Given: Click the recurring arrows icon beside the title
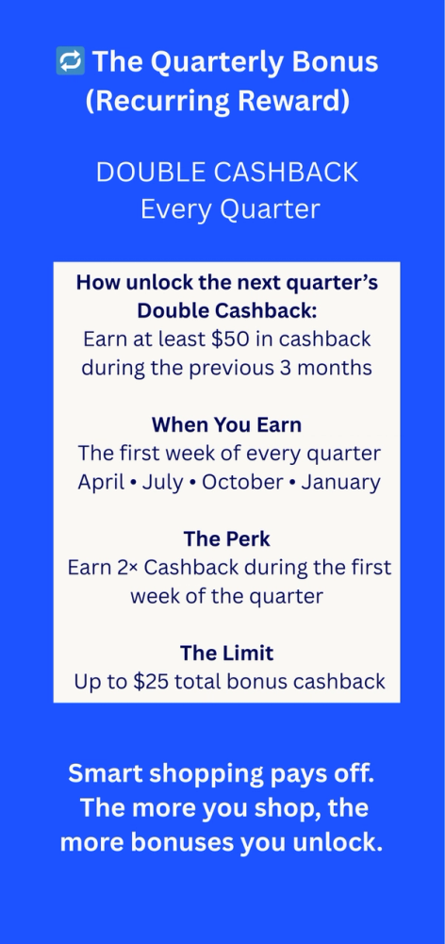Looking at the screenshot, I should (x=71, y=62).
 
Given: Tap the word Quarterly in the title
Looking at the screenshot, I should (x=212, y=62).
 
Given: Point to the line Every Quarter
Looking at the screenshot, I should (x=230, y=208).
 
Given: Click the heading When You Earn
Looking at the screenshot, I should (x=226, y=424).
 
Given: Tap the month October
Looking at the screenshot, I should (x=244, y=482).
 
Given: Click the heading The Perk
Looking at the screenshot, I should (x=226, y=538).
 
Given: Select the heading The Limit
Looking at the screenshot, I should (x=226, y=653).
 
